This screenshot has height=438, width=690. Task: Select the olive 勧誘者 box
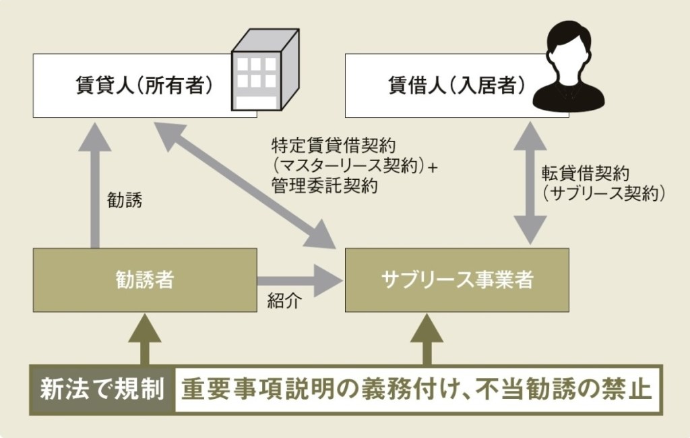click(x=144, y=280)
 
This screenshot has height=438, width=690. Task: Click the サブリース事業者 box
click(x=456, y=280)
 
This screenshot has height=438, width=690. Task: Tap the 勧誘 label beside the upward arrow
click(x=125, y=200)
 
